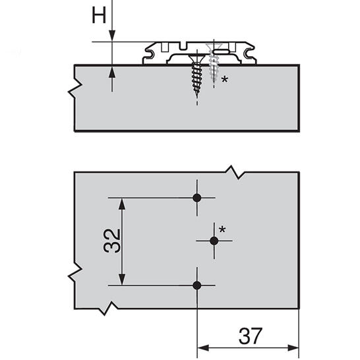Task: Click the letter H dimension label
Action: [99, 15]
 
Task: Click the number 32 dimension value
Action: [112, 241]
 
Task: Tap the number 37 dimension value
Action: [251, 336]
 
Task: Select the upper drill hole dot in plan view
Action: [196, 198]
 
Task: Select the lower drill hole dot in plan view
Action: [196, 285]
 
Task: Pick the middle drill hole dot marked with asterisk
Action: [214, 241]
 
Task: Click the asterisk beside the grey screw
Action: [224, 80]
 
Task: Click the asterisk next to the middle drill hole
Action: [222, 229]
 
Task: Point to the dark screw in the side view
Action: [196, 74]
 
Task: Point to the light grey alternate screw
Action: [214, 63]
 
